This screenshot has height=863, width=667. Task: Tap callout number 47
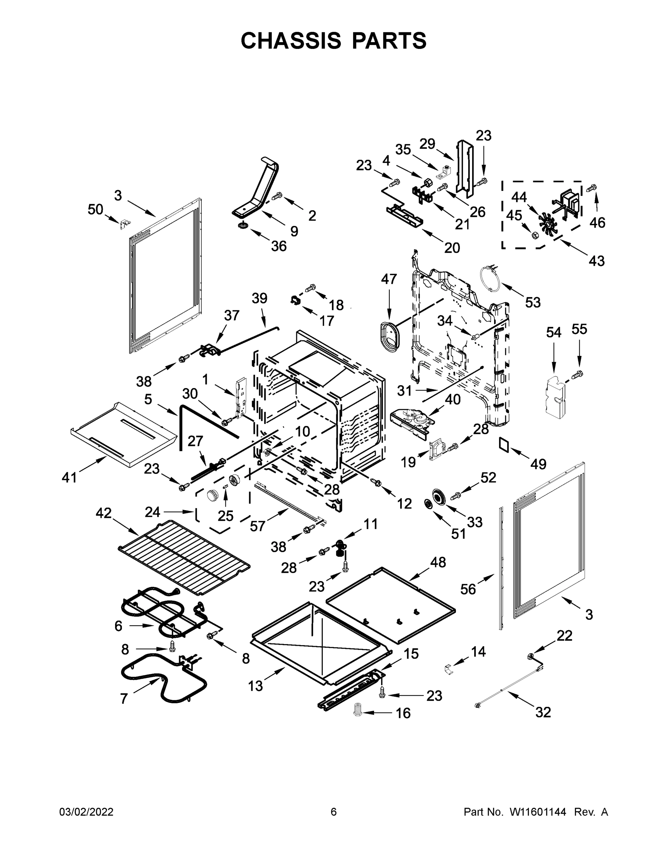click(388, 279)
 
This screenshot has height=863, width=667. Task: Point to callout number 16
click(403, 713)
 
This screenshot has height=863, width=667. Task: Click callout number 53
click(532, 302)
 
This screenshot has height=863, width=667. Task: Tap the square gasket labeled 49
click(504, 444)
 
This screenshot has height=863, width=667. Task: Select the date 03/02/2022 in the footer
click(86, 812)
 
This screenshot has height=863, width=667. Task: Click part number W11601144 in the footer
click(538, 812)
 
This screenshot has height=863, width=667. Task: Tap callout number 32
click(543, 712)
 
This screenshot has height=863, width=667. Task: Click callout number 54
click(553, 332)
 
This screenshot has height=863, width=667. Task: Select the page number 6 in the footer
click(334, 812)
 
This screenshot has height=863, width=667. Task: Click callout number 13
click(255, 686)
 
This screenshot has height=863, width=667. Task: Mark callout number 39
click(259, 298)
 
